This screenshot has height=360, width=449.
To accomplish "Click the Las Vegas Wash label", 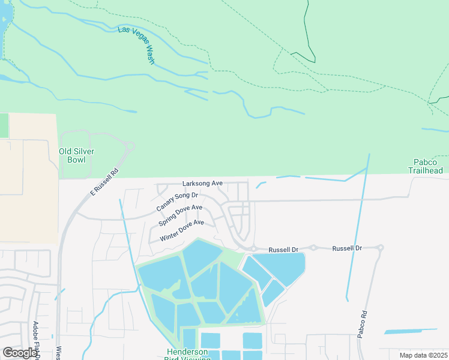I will [x=137, y=46].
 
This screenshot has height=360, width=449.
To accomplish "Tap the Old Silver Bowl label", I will [x=76, y=155].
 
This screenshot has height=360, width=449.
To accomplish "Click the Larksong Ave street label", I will [x=203, y=183].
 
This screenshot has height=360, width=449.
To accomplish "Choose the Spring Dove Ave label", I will [x=180, y=215].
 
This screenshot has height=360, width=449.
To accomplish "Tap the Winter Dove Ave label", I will [x=182, y=230].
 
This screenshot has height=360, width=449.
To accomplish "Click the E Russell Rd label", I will [x=104, y=182].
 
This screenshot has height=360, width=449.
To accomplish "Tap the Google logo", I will [x=20, y=353].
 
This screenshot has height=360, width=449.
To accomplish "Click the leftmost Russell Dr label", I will [x=283, y=249].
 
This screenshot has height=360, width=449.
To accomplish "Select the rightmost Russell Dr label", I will [x=347, y=248].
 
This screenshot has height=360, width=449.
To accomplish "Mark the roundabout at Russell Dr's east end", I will [x=380, y=247].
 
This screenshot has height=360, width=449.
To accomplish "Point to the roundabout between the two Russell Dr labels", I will [x=313, y=247].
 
